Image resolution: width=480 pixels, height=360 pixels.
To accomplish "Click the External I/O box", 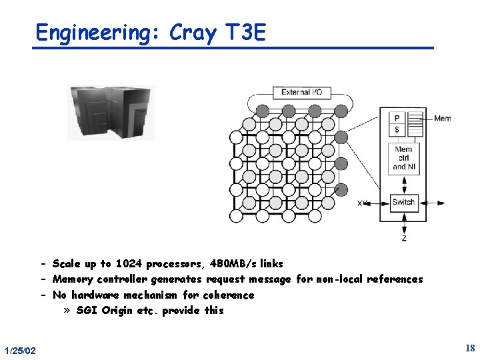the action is [301, 92].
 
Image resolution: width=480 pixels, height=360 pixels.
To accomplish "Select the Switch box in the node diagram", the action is [403, 202].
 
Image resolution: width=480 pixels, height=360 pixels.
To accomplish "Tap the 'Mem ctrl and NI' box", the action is [403, 158].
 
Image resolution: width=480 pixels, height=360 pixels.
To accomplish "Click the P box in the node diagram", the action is [397, 118].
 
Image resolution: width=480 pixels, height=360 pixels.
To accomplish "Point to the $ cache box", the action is [397, 129].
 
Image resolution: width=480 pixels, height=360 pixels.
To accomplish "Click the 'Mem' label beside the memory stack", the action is [442, 119].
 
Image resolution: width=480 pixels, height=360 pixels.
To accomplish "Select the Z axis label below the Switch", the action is [404, 238].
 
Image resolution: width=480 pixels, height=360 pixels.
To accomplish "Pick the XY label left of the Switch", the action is [363, 203].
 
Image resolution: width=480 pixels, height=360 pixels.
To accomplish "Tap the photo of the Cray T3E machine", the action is [111, 112].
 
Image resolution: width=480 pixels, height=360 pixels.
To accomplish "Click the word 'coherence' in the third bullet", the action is [229, 295].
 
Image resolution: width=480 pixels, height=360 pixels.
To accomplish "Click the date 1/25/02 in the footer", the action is [20, 351].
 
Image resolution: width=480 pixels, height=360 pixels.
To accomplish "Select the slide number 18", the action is [470, 348].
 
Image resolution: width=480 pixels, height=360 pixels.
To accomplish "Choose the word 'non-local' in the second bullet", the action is [343, 279].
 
